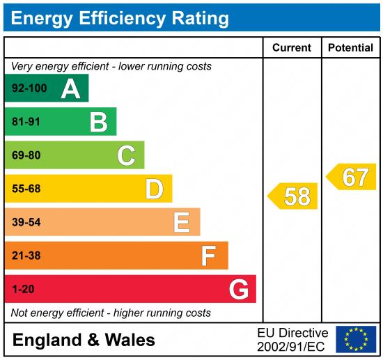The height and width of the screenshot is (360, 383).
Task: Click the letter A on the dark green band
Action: [70, 89]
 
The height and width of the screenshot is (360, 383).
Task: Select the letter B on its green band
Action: [98, 123]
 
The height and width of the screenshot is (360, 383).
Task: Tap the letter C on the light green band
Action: [126, 155]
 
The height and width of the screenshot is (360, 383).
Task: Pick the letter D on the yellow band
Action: [154, 189]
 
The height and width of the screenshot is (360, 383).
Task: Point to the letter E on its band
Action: [182, 222]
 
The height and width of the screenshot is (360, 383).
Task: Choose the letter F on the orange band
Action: [209, 256]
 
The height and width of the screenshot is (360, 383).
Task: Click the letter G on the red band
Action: [238, 289]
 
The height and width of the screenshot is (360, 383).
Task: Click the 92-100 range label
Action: [29, 89]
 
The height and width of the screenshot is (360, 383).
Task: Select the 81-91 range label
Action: [26, 123]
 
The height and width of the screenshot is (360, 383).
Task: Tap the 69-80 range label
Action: [26, 155]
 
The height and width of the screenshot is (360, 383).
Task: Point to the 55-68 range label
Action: [26, 189]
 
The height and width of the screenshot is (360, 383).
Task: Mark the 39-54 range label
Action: [26, 222]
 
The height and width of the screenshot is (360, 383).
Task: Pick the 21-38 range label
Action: [26, 256]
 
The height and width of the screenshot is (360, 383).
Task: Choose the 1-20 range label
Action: [23, 289]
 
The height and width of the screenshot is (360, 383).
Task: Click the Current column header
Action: [292, 48]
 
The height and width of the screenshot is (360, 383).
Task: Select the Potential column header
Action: [350, 48]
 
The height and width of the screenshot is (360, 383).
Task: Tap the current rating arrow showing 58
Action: [293, 196]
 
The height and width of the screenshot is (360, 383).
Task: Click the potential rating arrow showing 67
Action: [352, 177]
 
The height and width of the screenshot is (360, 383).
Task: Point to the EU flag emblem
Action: [356, 339]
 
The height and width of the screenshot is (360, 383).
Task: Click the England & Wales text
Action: [84, 341]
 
